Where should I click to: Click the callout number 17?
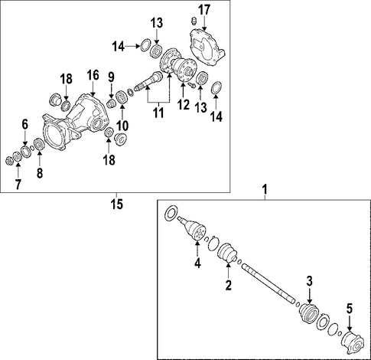click(204, 10)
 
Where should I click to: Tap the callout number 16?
click(93, 76)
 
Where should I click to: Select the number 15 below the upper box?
click(117, 205)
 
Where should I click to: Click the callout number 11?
click(158, 113)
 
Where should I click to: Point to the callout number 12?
click(184, 105)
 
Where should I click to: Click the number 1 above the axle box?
click(265, 190)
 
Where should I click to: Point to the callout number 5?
click(349, 309)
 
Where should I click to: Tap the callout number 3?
click(310, 281)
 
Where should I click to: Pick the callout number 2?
click(228, 285)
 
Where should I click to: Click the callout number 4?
click(197, 263)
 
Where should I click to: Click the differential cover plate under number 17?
click(207, 48)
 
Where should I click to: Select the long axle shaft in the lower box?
click(268, 283)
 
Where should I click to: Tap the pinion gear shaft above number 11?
click(148, 80)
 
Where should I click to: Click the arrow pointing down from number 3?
click(310, 296)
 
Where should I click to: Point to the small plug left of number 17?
click(194, 21)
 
